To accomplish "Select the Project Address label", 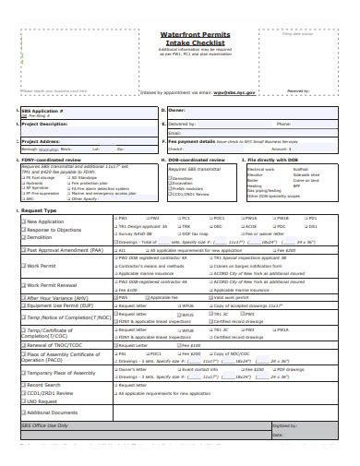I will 42,141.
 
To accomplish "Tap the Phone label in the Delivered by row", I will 284,122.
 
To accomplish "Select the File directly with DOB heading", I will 276,161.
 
